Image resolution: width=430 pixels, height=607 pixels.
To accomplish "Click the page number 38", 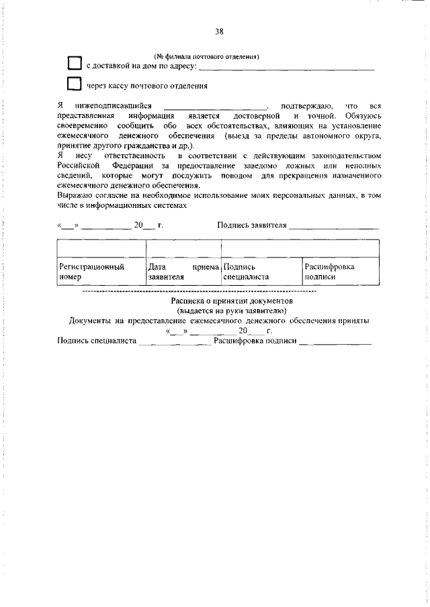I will (219, 32).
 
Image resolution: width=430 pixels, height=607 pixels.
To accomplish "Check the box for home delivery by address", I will (75, 64).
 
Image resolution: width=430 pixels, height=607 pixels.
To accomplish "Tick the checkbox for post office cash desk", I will (75, 85).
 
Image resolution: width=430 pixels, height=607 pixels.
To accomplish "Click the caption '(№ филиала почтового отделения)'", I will (206, 56).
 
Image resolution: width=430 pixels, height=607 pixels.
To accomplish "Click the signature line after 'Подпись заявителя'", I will (334, 227).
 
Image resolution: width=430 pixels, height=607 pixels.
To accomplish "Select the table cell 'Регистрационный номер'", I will (100, 271).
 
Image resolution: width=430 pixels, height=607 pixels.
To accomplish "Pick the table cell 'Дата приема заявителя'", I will (183, 271).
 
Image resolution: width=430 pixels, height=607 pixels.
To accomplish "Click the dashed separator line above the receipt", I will (199, 293).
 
